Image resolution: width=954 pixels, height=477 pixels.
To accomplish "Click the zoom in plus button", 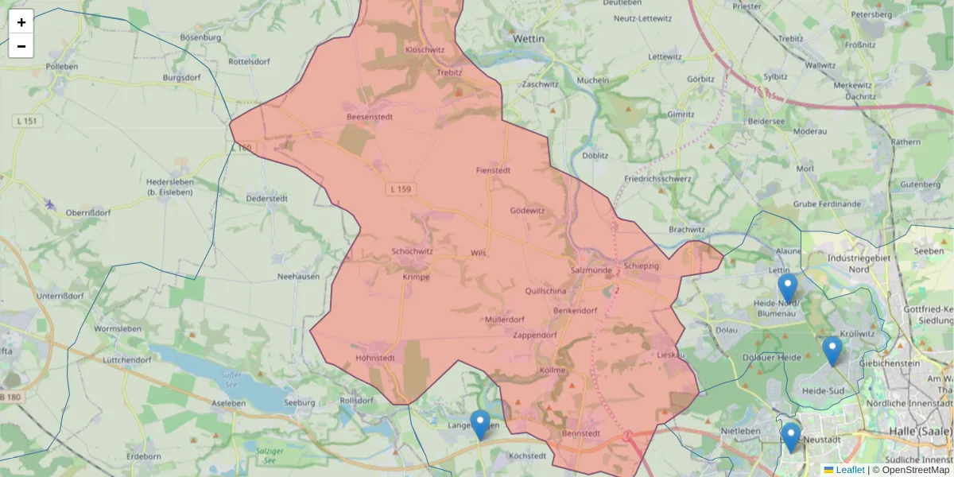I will [21, 22].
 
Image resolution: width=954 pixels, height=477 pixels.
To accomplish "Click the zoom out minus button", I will [21, 46].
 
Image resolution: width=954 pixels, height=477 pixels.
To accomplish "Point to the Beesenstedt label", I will [370, 117].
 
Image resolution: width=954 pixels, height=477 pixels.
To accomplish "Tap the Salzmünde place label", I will [590, 270].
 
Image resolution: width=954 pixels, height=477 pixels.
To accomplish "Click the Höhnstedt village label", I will [376, 358].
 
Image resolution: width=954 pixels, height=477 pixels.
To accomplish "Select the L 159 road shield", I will [401, 189].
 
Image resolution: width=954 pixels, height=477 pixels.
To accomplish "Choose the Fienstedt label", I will [492, 170].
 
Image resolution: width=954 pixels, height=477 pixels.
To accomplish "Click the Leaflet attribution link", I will [849, 470].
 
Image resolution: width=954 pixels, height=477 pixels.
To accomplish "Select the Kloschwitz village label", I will [425, 49].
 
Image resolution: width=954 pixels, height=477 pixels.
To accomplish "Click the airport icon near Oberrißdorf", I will [51, 204].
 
